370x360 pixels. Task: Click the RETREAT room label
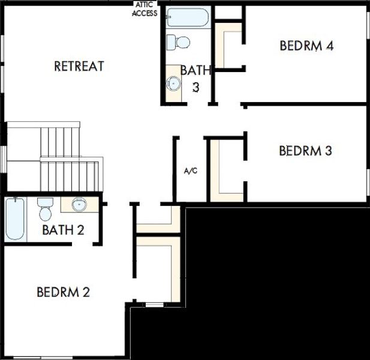coord(79,66)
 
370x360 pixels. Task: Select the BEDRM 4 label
coord(306,46)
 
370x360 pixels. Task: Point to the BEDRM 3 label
coord(305,151)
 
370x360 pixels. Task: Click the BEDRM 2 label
coord(63,292)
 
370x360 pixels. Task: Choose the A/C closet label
coord(191,171)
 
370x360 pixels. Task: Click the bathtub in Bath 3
coord(186,18)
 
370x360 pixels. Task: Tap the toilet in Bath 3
coord(178,42)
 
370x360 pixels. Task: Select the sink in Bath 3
coord(174,83)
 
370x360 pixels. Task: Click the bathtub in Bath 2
coord(15,219)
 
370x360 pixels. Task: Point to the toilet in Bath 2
coord(45,209)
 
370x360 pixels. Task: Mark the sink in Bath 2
coord(79,205)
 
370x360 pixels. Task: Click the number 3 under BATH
coord(195,86)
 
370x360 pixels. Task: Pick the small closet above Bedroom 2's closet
coord(158,220)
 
